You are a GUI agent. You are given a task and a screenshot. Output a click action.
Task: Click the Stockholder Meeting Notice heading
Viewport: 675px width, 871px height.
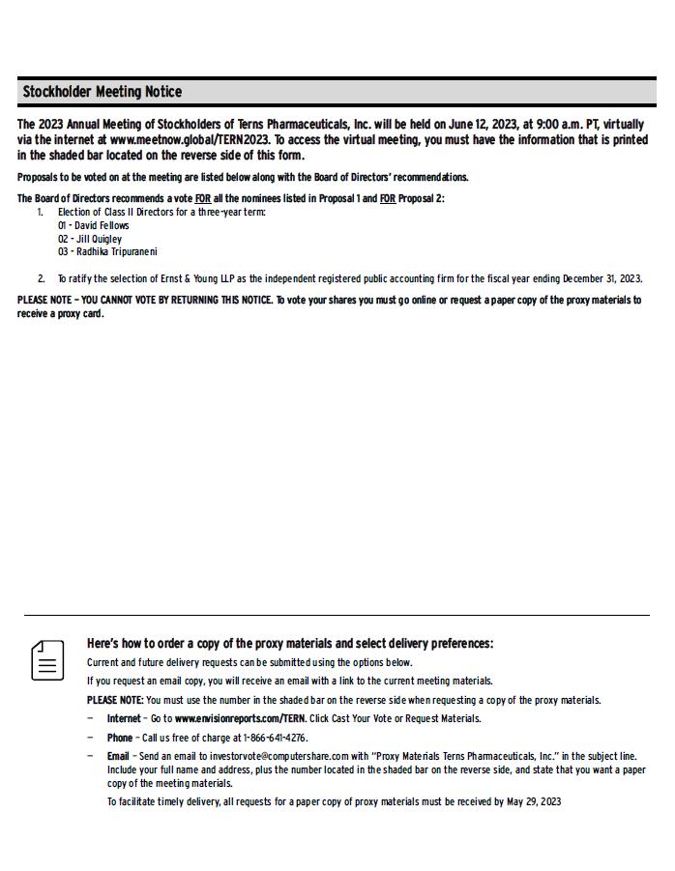102,92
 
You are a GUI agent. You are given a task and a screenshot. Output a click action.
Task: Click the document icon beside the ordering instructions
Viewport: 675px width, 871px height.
47,660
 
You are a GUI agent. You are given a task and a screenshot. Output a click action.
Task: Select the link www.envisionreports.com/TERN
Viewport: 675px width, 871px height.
240,718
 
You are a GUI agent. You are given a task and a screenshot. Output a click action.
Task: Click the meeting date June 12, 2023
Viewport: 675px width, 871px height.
484,125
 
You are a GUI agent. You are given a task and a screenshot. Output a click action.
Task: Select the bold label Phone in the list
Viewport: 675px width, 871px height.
120,738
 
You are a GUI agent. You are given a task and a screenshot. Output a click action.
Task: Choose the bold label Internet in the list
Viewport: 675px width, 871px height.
124,718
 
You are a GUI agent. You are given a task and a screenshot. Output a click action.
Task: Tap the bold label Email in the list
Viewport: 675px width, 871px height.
118,756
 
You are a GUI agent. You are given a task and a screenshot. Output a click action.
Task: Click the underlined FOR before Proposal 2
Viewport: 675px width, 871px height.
387,199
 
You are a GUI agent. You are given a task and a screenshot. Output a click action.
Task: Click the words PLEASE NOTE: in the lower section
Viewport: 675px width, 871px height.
115,700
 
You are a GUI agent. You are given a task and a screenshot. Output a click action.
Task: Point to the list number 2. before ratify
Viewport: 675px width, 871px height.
41,278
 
